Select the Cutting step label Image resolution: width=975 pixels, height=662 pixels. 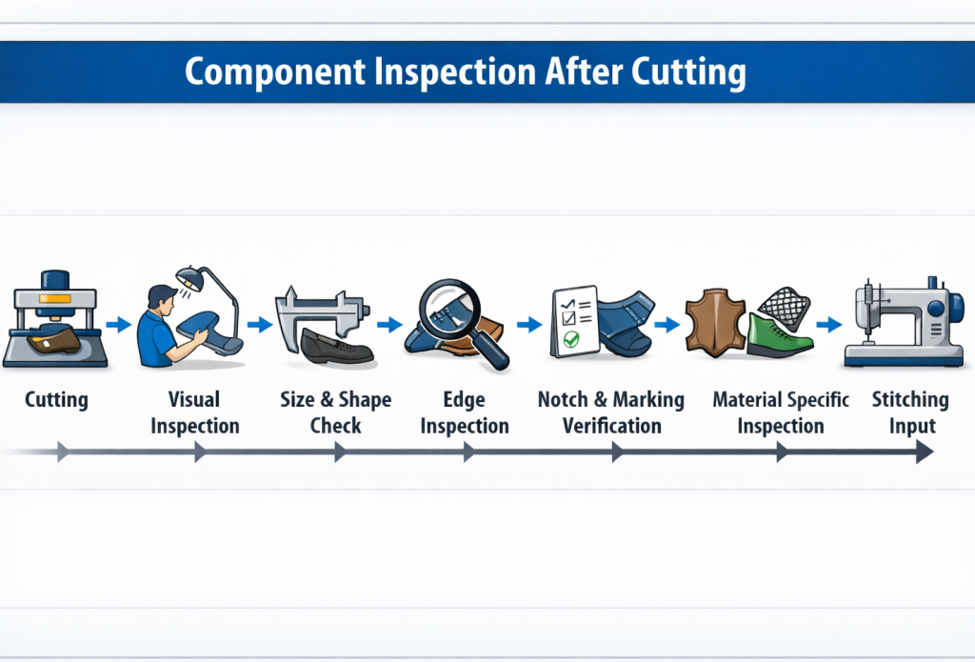pyautogui.click(x=56, y=399)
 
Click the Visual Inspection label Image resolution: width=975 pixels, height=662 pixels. pyautogui.click(x=194, y=411)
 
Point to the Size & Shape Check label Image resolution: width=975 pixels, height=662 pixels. pyautogui.click(x=335, y=411)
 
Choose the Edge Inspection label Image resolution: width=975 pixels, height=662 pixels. pyautogui.click(x=465, y=411)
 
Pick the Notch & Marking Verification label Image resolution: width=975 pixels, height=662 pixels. pyautogui.click(x=611, y=411)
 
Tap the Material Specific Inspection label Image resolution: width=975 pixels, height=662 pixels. pyautogui.click(x=781, y=411)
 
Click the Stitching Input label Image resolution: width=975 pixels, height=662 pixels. pyautogui.click(x=910, y=411)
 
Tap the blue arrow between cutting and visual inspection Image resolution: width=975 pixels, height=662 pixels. pyautogui.click(x=118, y=325)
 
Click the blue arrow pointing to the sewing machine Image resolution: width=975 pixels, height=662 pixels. pyautogui.click(x=829, y=325)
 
